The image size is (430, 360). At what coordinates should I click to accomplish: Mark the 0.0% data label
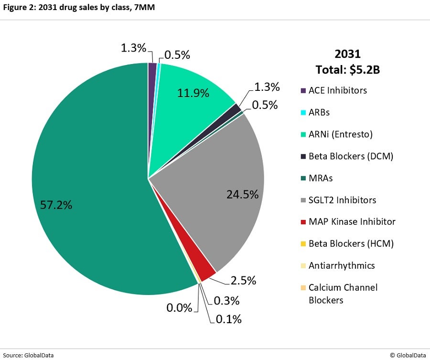[179, 307]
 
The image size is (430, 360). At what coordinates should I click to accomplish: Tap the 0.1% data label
[228, 318]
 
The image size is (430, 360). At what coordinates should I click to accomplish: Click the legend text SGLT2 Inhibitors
[342, 200]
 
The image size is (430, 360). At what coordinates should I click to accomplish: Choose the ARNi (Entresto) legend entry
[340, 134]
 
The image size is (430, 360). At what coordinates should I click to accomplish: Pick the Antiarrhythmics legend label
[342, 265]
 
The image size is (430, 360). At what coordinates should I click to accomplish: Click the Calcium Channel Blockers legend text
[343, 294]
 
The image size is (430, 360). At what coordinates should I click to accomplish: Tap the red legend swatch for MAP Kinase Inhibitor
[303, 222]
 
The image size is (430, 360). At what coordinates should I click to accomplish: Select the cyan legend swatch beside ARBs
[303, 112]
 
